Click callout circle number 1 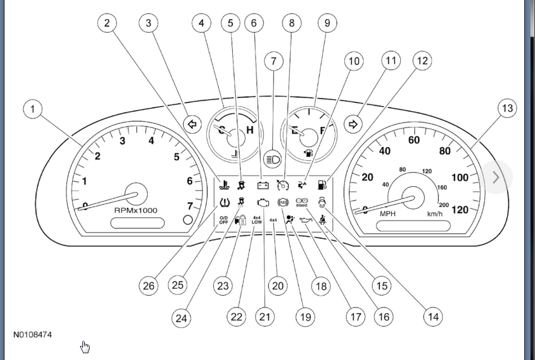[x=33, y=108]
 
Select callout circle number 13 [x=507, y=108]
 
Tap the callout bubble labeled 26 [x=149, y=286]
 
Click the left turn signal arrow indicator [x=193, y=124]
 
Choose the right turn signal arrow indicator [x=353, y=124]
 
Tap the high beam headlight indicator [x=273, y=159]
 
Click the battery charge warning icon [x=263, y=185]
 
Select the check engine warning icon [x=263, y=202]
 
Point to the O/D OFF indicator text [x=224, y=220]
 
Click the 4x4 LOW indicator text [x=257, y=220]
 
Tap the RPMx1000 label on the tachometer [x=136, y=210]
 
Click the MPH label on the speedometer [x=388, y=214]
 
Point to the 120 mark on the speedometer [x=460, y=210]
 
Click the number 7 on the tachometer [x=189, y=206]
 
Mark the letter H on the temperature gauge [x=249, y=131]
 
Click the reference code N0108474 [x=33, y=335]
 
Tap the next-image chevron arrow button [x=496, y=177]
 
